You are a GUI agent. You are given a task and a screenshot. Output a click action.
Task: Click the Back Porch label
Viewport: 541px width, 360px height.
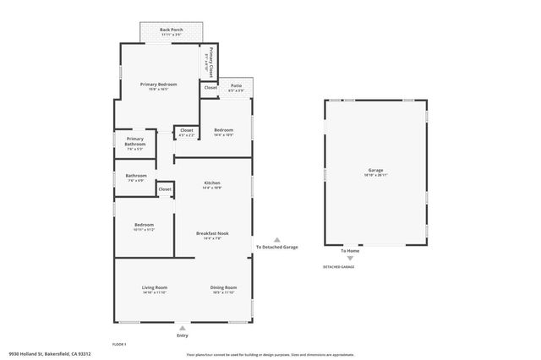pos(172,30)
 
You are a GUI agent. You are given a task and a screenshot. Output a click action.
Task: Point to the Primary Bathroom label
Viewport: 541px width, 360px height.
pos(135,141)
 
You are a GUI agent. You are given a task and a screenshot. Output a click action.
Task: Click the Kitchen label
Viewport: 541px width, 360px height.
pos(212,183)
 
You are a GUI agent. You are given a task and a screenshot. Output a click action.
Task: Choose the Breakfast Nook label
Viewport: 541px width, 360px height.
pos(212,234)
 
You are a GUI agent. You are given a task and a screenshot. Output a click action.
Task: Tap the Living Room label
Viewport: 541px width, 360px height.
pos(155,288)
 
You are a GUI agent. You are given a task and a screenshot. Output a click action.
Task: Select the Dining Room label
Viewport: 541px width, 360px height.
pos(223,288)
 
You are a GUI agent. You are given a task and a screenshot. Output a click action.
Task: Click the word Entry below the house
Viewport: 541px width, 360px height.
pos(183,336)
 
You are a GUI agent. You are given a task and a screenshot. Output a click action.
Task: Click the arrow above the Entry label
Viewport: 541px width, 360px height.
pos(183,327)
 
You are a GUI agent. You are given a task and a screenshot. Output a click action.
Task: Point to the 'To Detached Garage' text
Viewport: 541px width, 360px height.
pos(277,247)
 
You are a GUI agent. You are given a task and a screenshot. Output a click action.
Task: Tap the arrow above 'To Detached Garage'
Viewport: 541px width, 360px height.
pos(277,238)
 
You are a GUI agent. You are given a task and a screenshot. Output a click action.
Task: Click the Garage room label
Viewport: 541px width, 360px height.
pos(375,171)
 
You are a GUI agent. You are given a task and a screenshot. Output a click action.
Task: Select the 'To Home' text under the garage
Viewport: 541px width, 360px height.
pos(350,251)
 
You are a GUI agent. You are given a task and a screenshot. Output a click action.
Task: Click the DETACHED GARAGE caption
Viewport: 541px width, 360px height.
pos(338,267)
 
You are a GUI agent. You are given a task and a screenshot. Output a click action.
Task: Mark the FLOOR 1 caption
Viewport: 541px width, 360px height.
pos(119,344)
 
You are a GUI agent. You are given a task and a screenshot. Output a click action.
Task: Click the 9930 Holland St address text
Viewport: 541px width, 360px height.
pos(48,354)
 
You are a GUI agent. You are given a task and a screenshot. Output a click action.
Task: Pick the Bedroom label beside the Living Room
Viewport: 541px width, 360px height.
pos(143,225)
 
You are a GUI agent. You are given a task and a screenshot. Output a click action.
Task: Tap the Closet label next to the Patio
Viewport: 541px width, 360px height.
pos(210,88)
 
